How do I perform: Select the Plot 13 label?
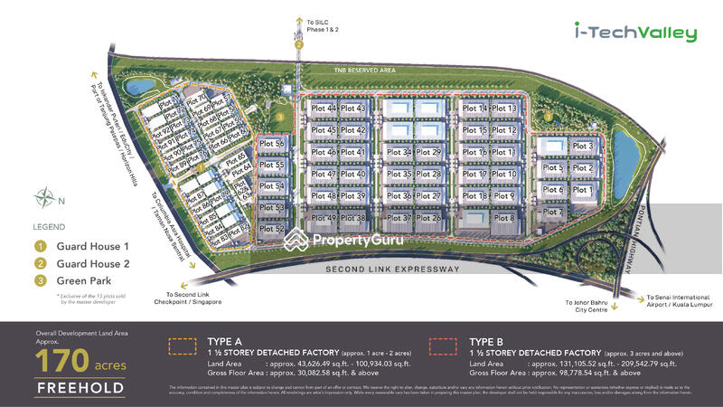505,109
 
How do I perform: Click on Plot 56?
272,144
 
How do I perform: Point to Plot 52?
272,229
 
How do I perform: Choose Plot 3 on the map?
584,147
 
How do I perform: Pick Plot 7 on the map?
554,213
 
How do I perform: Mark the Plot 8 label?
505,218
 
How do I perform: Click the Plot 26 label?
430,218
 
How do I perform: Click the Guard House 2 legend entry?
82,265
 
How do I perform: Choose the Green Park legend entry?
72,284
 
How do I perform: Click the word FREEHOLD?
80,390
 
